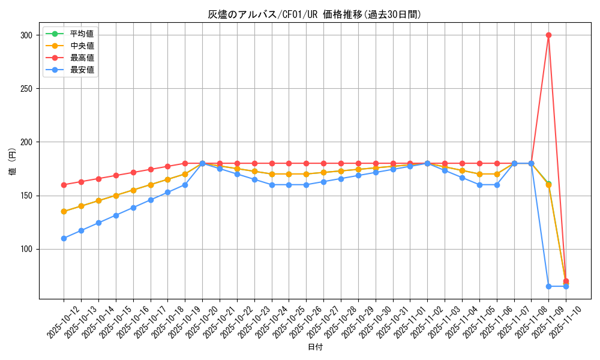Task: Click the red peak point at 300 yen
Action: point(548,35)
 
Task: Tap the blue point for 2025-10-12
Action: point(64,238)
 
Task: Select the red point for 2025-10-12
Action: point(64,185)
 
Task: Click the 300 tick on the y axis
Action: point(26,35)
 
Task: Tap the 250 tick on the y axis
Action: point(26,89)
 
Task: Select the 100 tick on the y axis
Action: point(26,249)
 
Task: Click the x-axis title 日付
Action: point(315,347)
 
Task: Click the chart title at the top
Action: point(315,14)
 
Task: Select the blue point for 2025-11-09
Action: point(548,286)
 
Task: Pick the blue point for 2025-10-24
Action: point(272,185)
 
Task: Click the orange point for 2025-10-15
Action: point(116,196)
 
